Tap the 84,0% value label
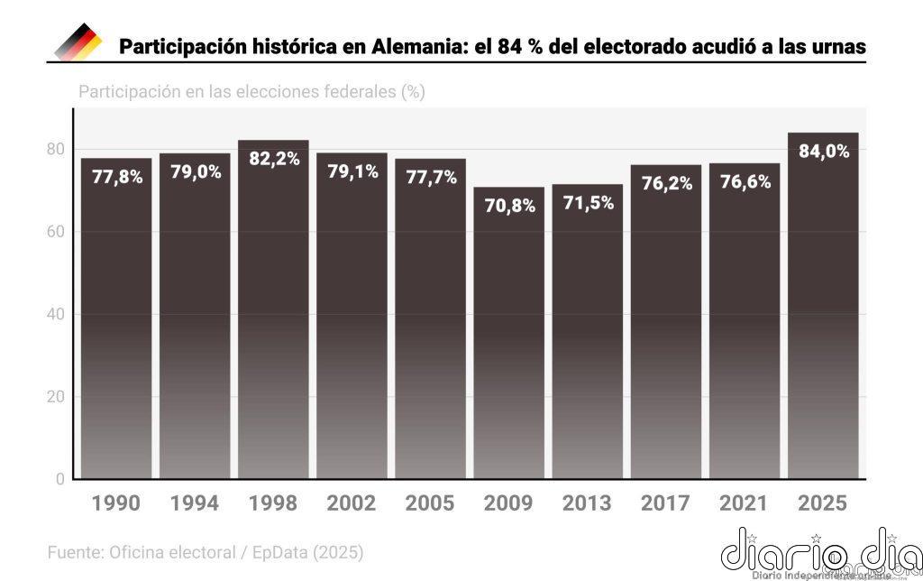pyautogui.click(x=824, y=152)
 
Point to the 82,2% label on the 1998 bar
pyautogui.click(x=273, y=159)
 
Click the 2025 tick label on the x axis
pyautogui.click(x=823, y=503)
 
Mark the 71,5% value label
pyautogui.click(x=588, y=203)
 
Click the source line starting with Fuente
pyautogui.click(x=205, y=550)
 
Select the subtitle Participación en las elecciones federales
pyautogui.click(x=251, y=92)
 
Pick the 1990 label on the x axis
pyautogui.click(x=116, y=503)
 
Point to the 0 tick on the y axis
pyautogui.click(x=60, y=479)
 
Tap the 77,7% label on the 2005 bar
pyautogui.click(x=430, y=178)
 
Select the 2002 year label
pyautogui.click(x=352, y=503)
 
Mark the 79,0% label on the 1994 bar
pyautogui.click(x=195, y=172)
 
